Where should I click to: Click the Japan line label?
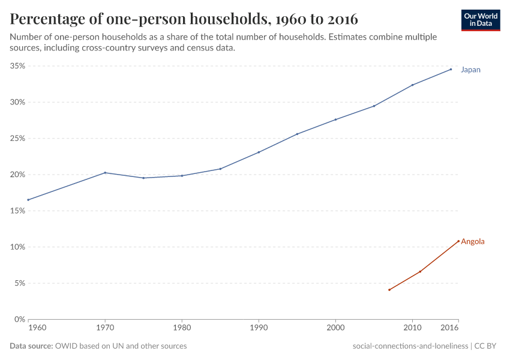point(470,70)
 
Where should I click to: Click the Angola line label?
point(472,241)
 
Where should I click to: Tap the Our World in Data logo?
point(481,20)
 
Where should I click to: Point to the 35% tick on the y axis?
point(17,66)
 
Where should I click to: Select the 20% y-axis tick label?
point(17,175)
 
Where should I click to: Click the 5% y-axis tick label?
point(19,283)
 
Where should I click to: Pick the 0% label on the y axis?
point(19,319)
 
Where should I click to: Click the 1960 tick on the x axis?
point(28,329)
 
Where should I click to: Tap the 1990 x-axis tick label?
point(259,329)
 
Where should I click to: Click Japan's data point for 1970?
point(105,173)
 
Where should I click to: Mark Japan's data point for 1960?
point(28,200)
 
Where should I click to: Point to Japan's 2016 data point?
point(451,69)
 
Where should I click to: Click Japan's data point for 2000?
point(335,119)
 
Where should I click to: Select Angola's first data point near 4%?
point(389,290)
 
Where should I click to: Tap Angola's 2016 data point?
point(458,241)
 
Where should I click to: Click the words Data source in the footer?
point(31,346)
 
